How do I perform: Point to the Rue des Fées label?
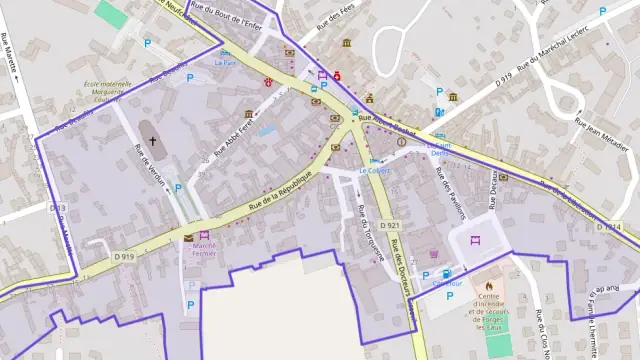(x=336, y=22)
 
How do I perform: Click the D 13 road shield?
(x=57, y=208)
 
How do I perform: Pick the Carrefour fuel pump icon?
(x=446, y=273)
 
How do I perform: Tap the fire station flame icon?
(x=489, y=284)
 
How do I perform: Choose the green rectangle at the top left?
(x=112, y=14)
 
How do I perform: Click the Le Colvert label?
(x=372, y=170)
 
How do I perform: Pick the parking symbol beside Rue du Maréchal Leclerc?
(x=603, y=12)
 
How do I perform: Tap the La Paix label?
(x=225, y=62)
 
